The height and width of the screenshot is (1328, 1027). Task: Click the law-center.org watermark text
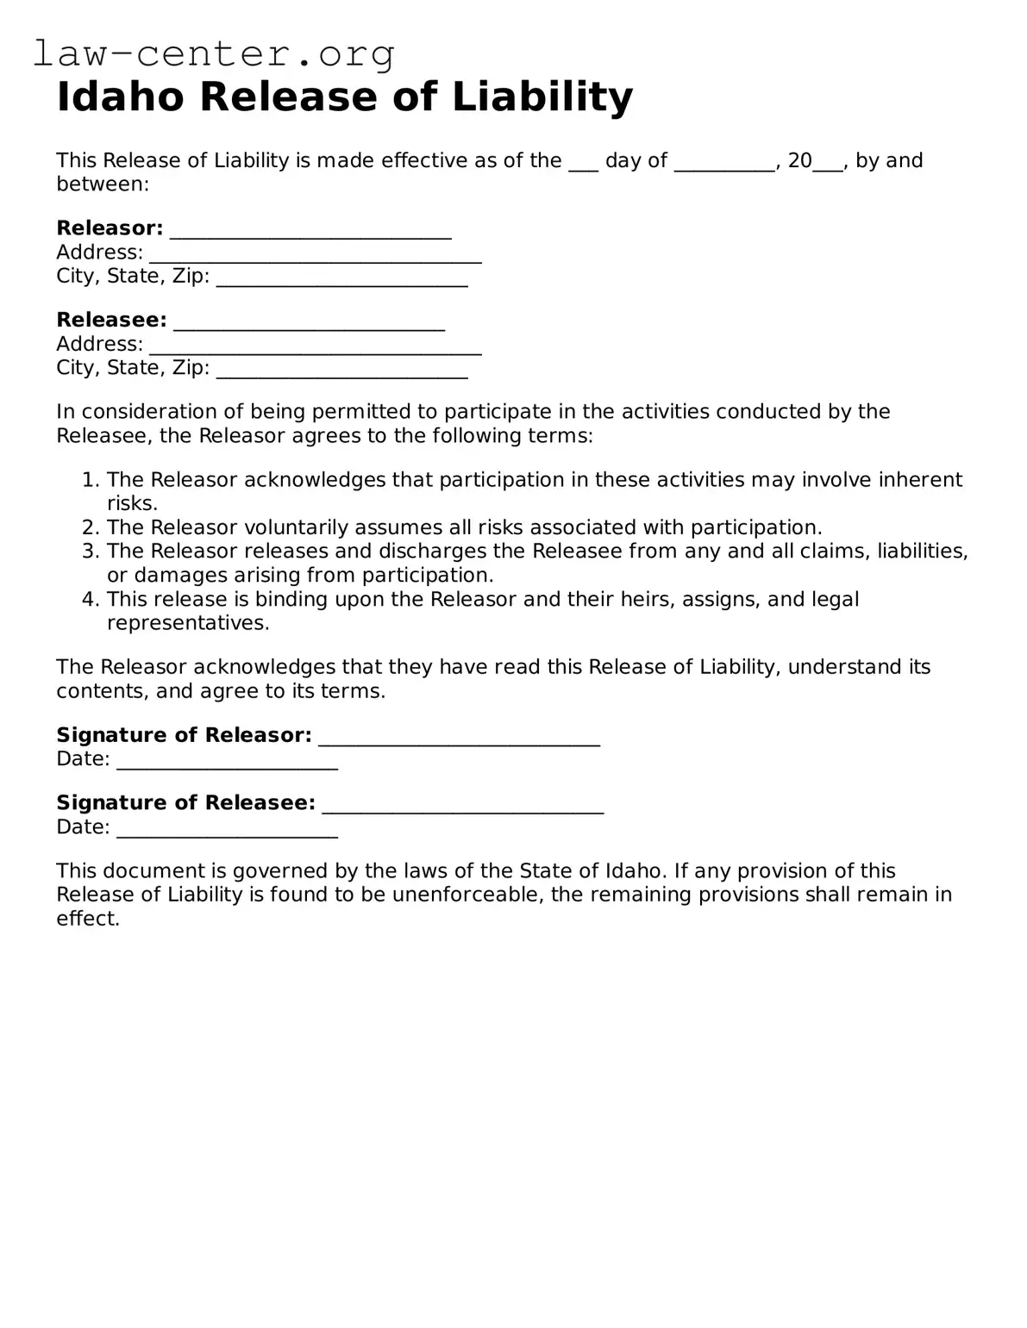(x=214, y=53)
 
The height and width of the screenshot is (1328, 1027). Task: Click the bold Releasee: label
(x=111, y=320)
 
